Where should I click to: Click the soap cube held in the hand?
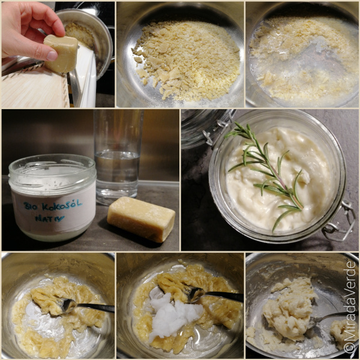61,53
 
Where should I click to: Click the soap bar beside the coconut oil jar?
141,219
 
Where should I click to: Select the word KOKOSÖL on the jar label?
62,205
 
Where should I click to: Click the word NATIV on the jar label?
50,218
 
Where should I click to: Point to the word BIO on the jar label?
31,206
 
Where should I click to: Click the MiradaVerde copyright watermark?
350,307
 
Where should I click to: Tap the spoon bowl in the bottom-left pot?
68,305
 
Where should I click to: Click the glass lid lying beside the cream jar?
206,128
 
